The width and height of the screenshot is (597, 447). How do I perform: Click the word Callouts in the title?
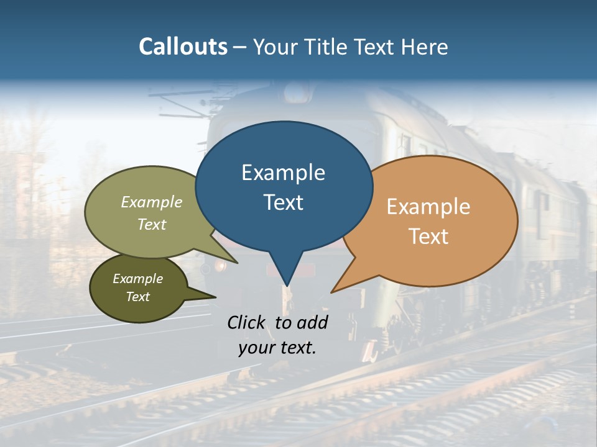[x=183, y=47]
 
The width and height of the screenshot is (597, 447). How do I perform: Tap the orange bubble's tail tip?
[x=332, y=292]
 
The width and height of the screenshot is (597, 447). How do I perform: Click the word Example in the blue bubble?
[x=283, y=173]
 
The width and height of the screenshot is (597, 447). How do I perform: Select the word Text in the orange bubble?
[x=428, y=237]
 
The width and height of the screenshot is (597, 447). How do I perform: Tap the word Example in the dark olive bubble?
[x=137, y=279]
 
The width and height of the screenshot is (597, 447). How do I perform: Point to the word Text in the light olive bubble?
[x=152, y=224]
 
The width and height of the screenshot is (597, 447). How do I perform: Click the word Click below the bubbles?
[x=247, y=322]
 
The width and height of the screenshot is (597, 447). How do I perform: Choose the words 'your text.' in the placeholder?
[x=277, y=348]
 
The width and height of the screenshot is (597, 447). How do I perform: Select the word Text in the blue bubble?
[x=283, y=202]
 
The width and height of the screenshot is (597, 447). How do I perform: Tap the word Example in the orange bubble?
[x=428, y=207]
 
